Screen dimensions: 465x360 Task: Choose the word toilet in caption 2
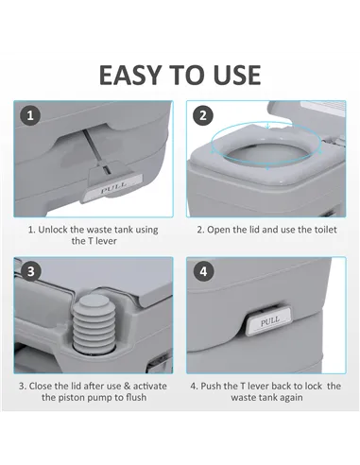[323, 230]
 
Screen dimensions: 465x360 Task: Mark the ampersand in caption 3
[130, 386]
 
